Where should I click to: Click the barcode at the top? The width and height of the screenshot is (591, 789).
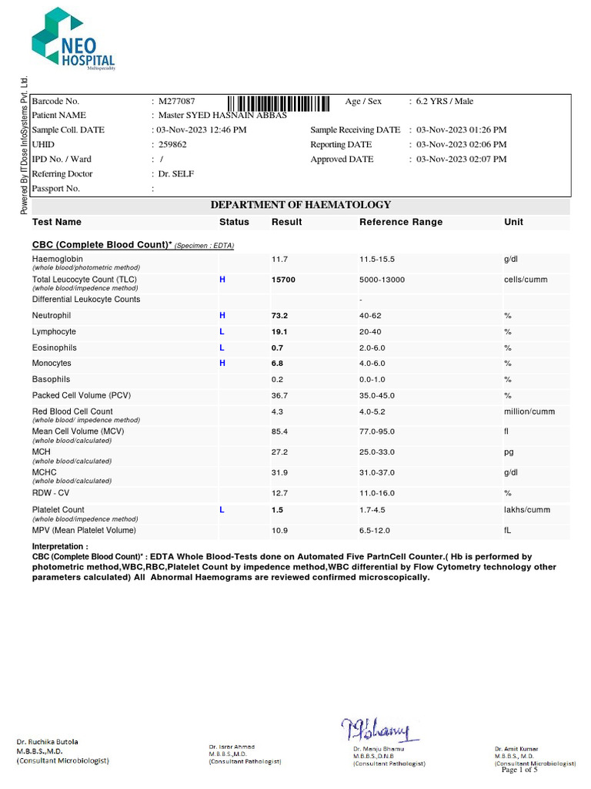point(279,103)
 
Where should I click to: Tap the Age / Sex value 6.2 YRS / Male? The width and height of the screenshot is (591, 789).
point(445,102)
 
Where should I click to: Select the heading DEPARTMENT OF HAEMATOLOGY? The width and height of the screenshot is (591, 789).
point(301,205)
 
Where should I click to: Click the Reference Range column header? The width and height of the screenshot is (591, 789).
point(401,222)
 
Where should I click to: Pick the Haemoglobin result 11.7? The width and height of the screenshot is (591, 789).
point(280,260)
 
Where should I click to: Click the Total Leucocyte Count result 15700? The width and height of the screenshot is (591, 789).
point(283,280)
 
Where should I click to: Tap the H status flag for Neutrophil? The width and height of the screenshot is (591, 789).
point(222,316)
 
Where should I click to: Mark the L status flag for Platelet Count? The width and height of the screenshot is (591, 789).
point(222,510)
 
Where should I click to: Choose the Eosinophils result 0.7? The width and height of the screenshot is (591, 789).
point(278,348)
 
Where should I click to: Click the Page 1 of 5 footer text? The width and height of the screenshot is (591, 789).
point(519,770)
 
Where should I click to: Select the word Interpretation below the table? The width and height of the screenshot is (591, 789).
point(59,546)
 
